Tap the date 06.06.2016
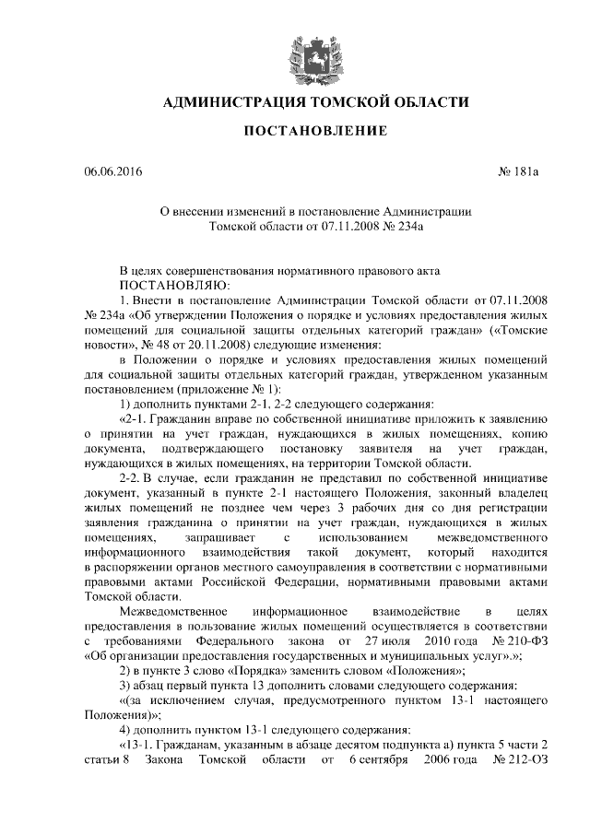coord(112,172)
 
